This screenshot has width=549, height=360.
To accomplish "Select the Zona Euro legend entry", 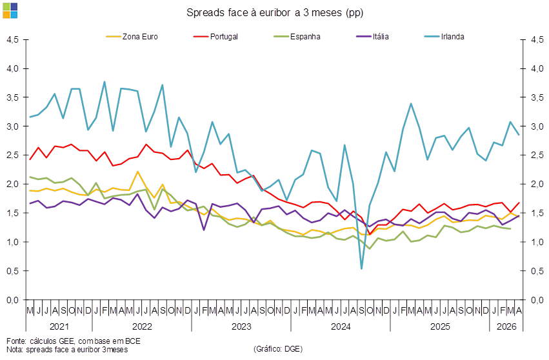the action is coord(132,36).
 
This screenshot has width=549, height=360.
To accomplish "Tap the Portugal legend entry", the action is coord(215,36).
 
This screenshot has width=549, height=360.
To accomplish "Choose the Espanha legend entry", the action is coord(297,36).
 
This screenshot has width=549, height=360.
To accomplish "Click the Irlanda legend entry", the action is coord(444,36).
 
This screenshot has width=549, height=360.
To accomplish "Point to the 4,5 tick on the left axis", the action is coord(13,39).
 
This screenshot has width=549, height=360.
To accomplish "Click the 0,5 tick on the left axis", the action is coord(13,271).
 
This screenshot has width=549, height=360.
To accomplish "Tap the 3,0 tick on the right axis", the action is coord(537,126).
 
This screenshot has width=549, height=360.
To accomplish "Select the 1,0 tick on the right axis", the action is coord(537,242).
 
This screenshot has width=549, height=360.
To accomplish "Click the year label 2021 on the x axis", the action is coord(59,326).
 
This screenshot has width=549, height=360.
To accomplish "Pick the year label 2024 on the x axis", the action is coord(341,326).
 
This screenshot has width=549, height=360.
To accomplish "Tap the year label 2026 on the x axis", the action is coord(506,326).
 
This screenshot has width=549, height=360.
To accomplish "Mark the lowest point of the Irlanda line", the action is coord(361,268).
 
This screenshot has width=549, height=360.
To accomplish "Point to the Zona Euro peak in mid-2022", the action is coord(137,172).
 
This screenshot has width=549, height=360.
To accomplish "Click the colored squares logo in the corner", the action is coord(10,10).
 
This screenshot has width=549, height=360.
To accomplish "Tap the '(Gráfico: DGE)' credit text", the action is coord(278,349).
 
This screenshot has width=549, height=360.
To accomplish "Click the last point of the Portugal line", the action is coord(519,203).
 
